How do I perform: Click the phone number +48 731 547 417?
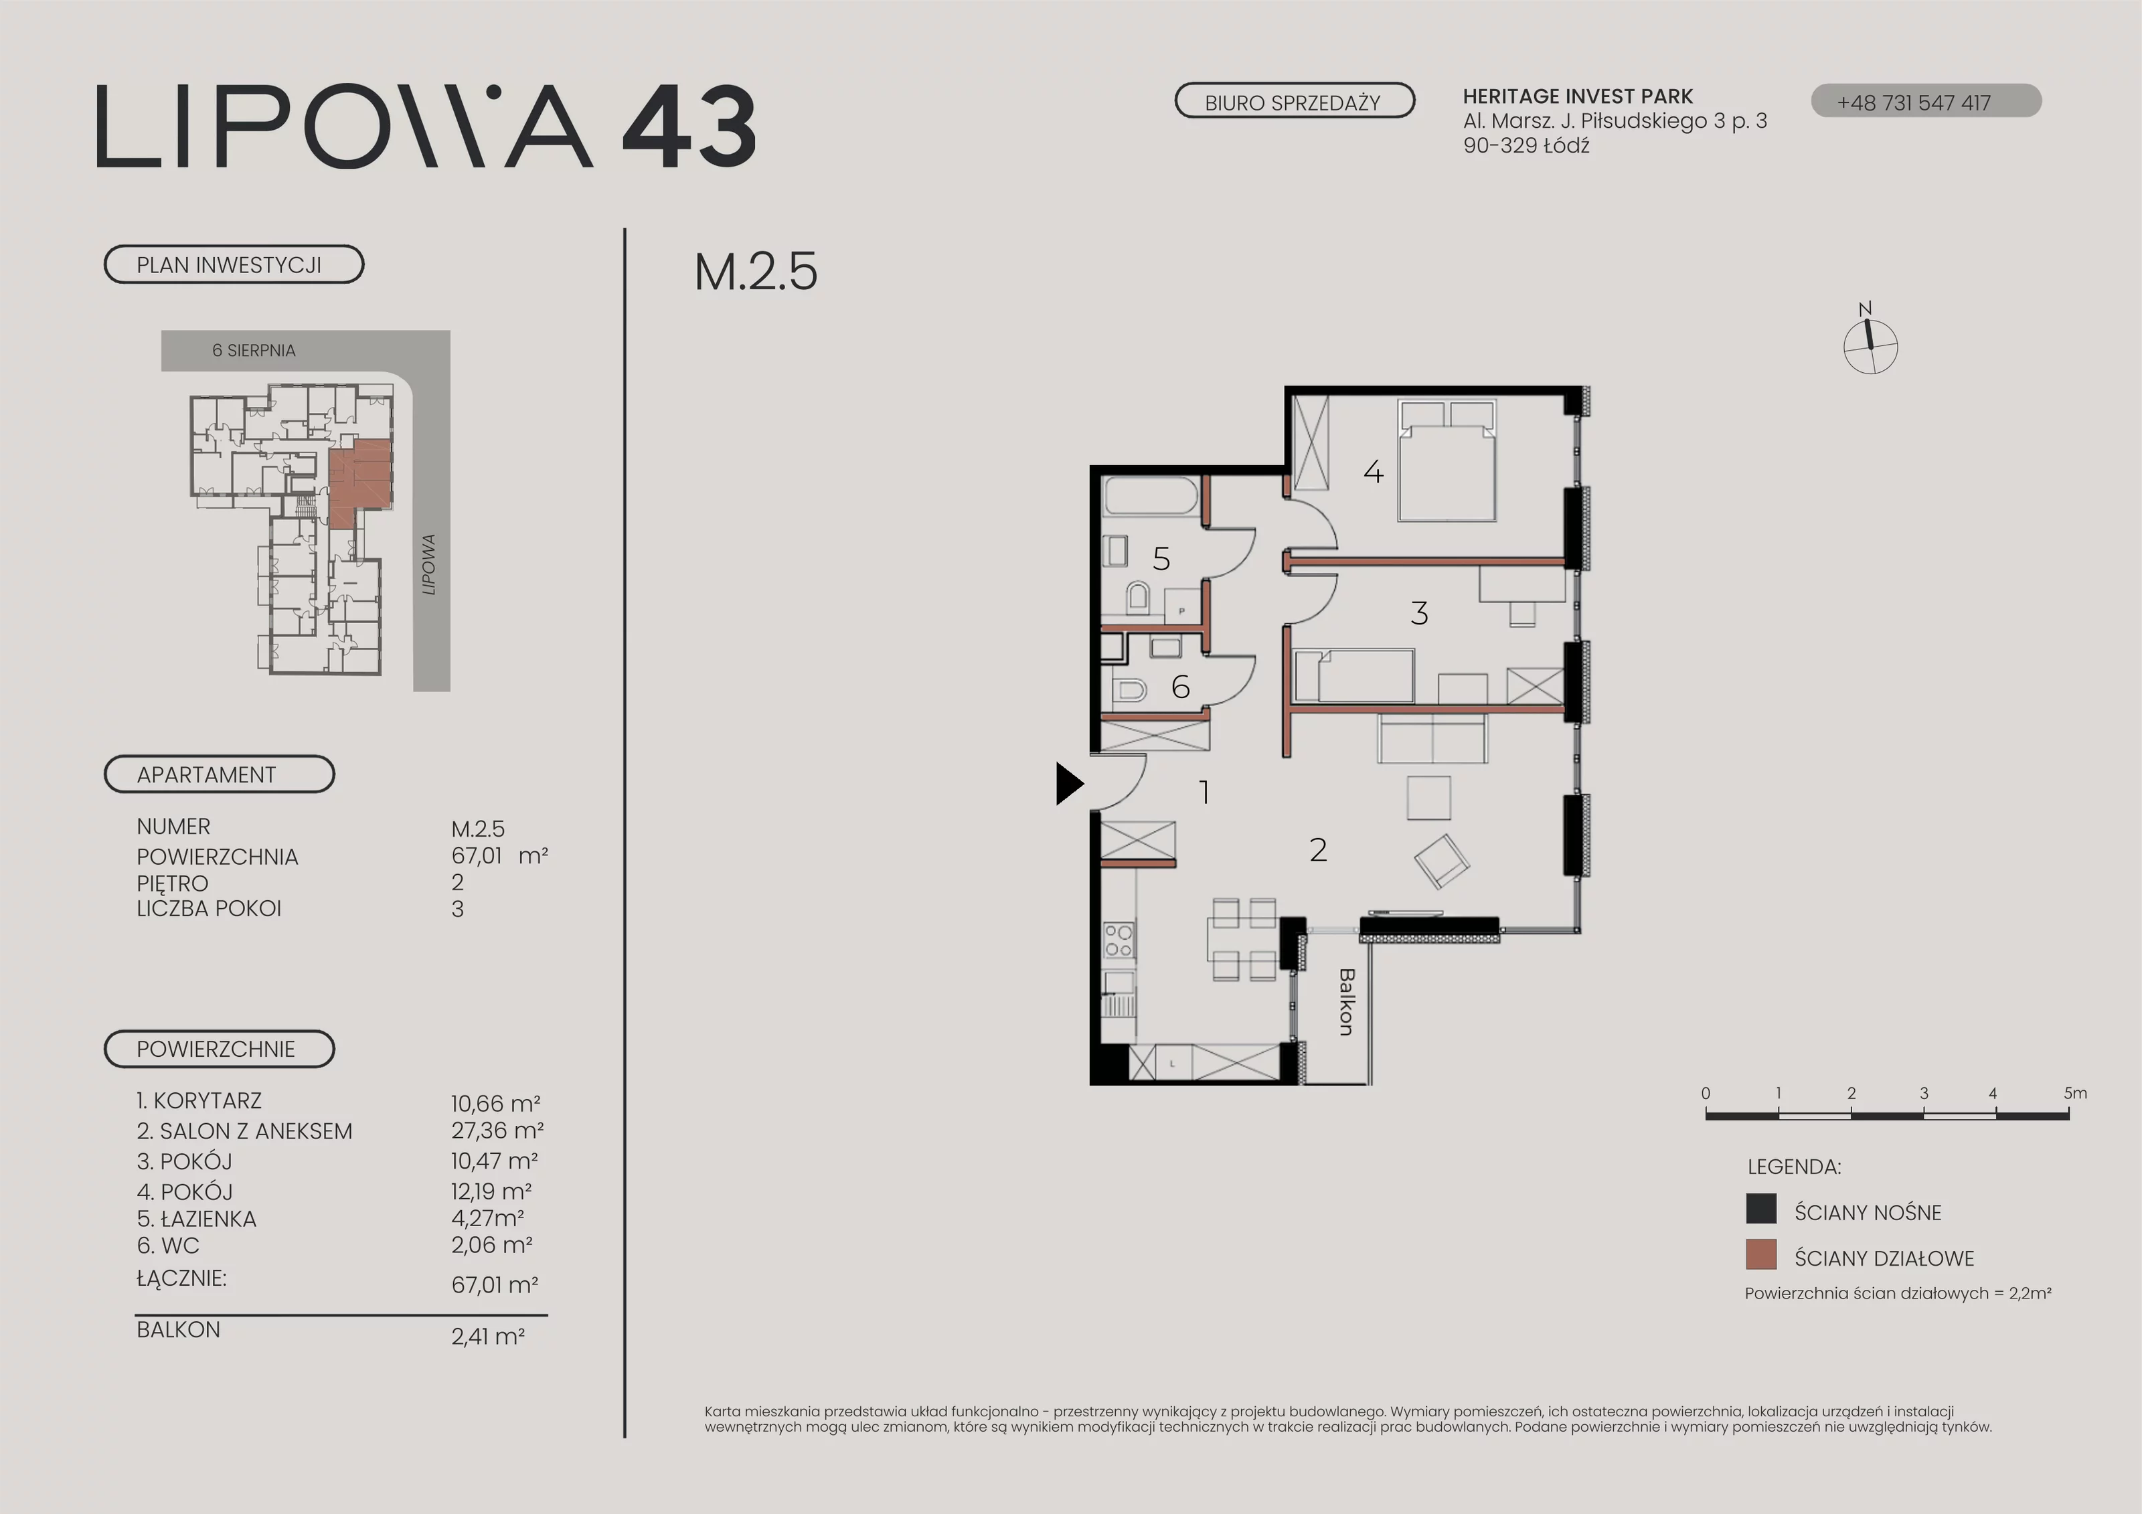1914,102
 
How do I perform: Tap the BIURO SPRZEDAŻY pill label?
1294,102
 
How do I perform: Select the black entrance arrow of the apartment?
1069,784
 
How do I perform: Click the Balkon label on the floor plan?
1346,1002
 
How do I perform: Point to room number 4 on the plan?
1374,472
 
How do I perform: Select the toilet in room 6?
1129,690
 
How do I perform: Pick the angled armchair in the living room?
1441,861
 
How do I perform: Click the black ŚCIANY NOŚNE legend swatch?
1760,1209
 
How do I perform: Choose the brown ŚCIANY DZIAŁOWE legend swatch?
1760,1255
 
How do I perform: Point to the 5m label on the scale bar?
2075,1093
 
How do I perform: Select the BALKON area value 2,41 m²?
488,1336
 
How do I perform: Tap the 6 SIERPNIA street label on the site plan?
254,351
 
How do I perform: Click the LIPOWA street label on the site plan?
429,564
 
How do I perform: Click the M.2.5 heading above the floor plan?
756,272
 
